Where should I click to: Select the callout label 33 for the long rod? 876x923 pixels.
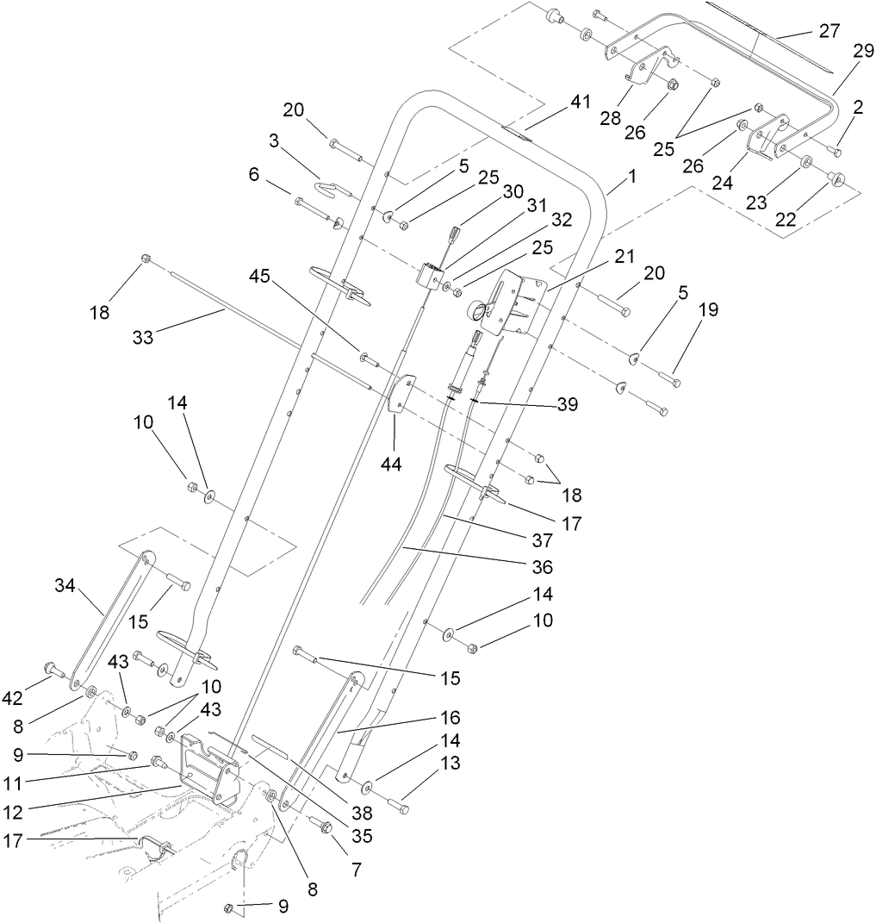click(x=143, y=338)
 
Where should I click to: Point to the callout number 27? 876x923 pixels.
click(x=829, y=31)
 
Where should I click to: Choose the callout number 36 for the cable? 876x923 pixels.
click(x=542, y=567)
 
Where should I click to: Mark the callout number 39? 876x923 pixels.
click(x=566, y=403)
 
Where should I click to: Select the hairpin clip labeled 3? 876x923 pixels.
click(x=331, y=187)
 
